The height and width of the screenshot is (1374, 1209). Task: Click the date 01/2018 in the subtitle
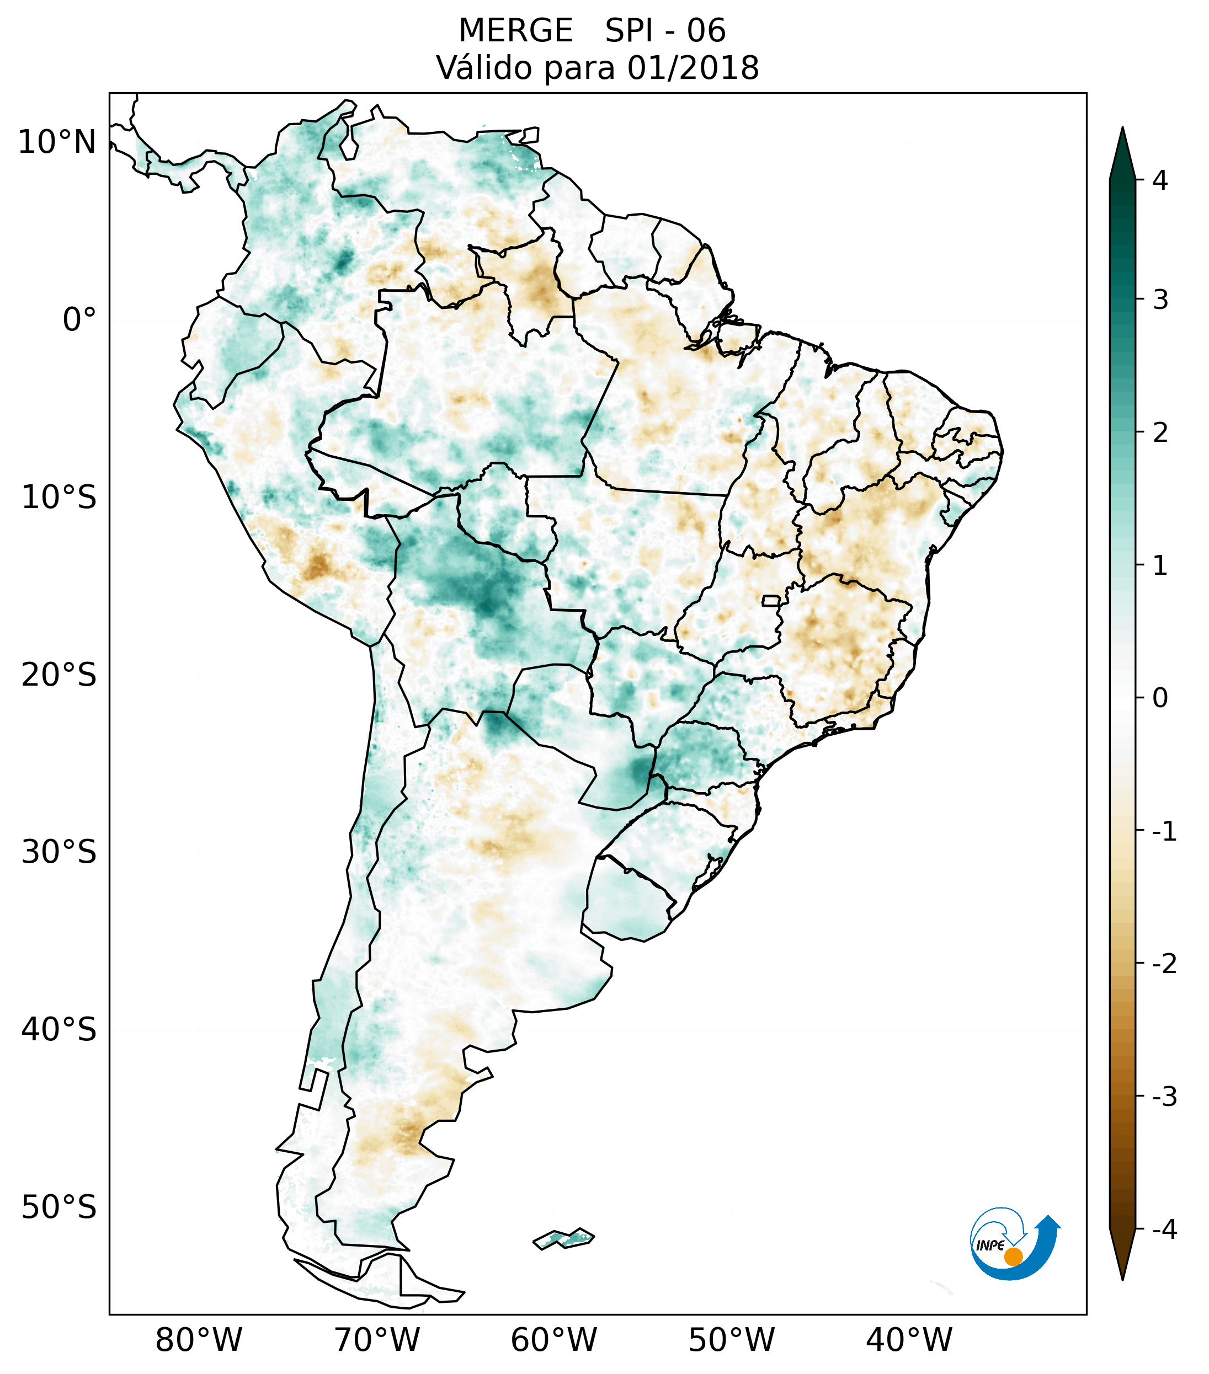click(693, 68)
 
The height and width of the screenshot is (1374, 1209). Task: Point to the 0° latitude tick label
click(79, 320)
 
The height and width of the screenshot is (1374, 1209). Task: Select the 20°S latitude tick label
click(59, 675)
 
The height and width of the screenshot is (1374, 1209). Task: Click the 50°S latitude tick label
click(59, 1208)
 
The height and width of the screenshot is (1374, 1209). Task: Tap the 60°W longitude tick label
click(553, 1340)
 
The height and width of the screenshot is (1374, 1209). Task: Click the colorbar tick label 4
click(1160, 180)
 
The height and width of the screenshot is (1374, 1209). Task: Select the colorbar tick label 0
click(1160, 698)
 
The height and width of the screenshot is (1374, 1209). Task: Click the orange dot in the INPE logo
click(1013, 1257)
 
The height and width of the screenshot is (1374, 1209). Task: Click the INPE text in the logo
click(990, 1245)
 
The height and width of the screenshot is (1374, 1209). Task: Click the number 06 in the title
click(706, 31)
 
